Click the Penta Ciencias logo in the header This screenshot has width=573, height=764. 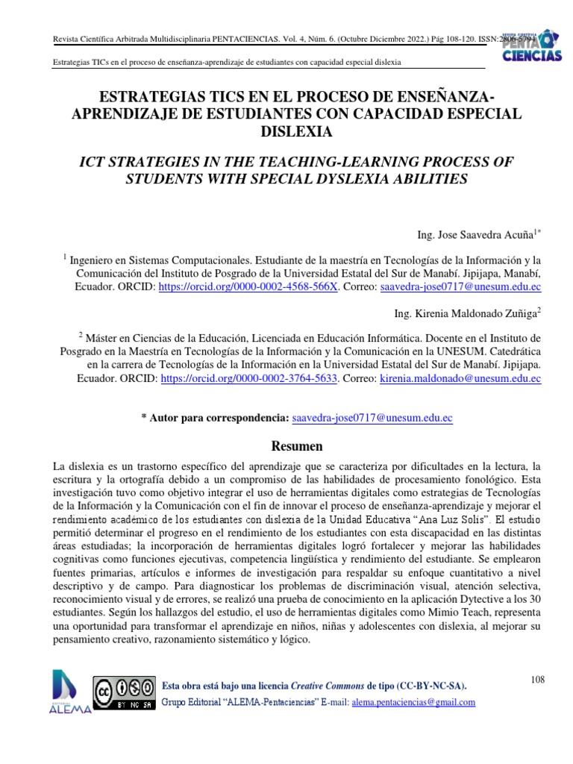(x=525, y=46)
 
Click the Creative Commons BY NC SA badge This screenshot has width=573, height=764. (x=124, y=693)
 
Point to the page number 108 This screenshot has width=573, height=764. (x=538, y=679)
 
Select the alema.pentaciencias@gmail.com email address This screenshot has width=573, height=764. (x=413, y=702)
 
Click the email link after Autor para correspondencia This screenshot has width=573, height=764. (x=372, y=418)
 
